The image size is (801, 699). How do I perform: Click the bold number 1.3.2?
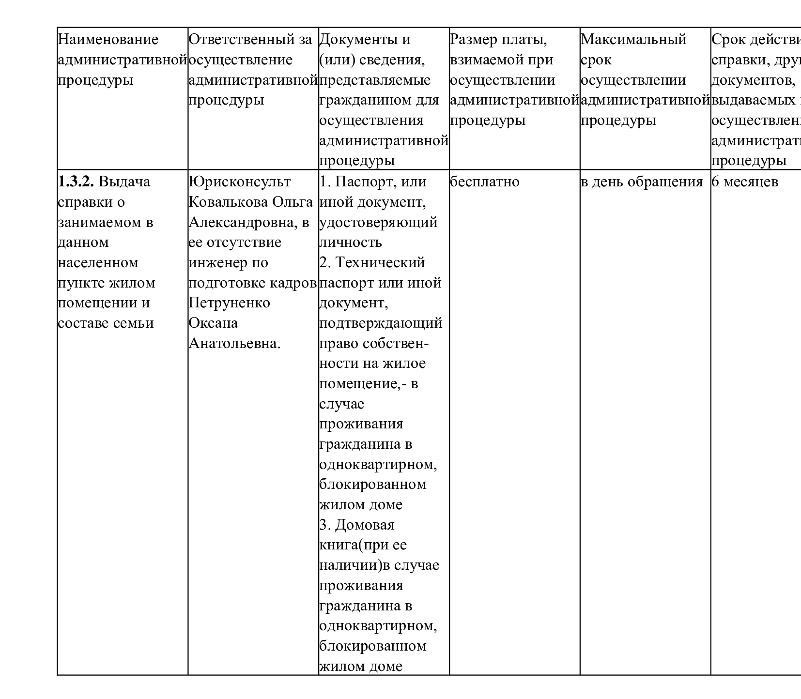[77, 182]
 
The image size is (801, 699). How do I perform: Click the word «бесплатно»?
[485, 182]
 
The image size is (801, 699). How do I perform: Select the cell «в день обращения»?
[642, 182]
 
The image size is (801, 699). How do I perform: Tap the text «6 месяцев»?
[745, 182]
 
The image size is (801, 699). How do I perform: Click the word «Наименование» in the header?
[108, 40]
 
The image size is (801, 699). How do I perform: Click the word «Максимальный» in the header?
[633, 40]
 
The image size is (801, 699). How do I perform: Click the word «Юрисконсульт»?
[240, 182]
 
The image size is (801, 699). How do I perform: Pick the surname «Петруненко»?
[229, 303]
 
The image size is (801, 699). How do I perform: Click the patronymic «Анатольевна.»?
[235, 344]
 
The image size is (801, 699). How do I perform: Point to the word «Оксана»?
[213, 323]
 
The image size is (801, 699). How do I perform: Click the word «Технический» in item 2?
[380, 263]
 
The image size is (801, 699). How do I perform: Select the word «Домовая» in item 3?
[365, 525]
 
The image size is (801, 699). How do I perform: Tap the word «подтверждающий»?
[381, 323]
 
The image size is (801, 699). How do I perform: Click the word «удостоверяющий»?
[378, 223]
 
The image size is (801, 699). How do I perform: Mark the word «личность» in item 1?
[351, 243]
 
